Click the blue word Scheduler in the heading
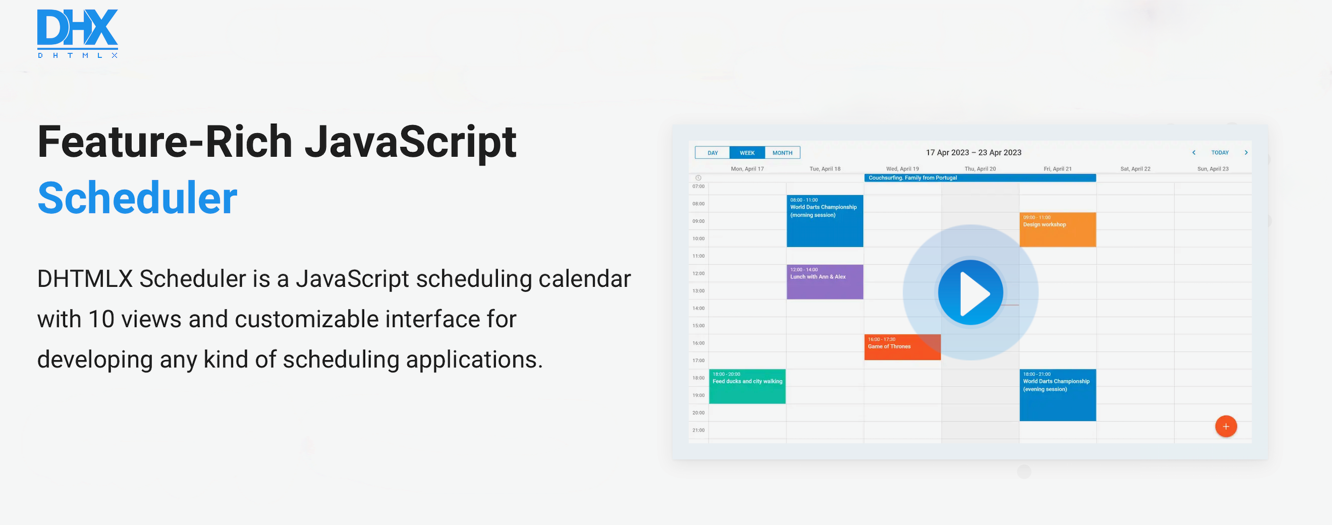[x=137, y=198]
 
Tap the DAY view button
[x=713, y=153]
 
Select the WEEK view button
[x=747, y=153]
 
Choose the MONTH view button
[x=782, y=153]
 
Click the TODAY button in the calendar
[x=1220, y=153]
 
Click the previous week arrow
[x=1194, y=153]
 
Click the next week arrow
[x=1246, y=153]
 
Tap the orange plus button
[x=1226, y=426]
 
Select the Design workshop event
[x=1057, y=230]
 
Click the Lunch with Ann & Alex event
[x=825, y=282]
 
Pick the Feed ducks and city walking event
[x=747, y=387]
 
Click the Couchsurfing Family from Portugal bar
[x=980, y=178]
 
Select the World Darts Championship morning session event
[x=825, y=221]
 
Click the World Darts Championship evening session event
[x=1057, y=395]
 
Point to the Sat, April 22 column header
[x=1135, y=169]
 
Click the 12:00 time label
[x=699, y=274]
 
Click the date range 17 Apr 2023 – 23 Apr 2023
[x=974, y=153]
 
